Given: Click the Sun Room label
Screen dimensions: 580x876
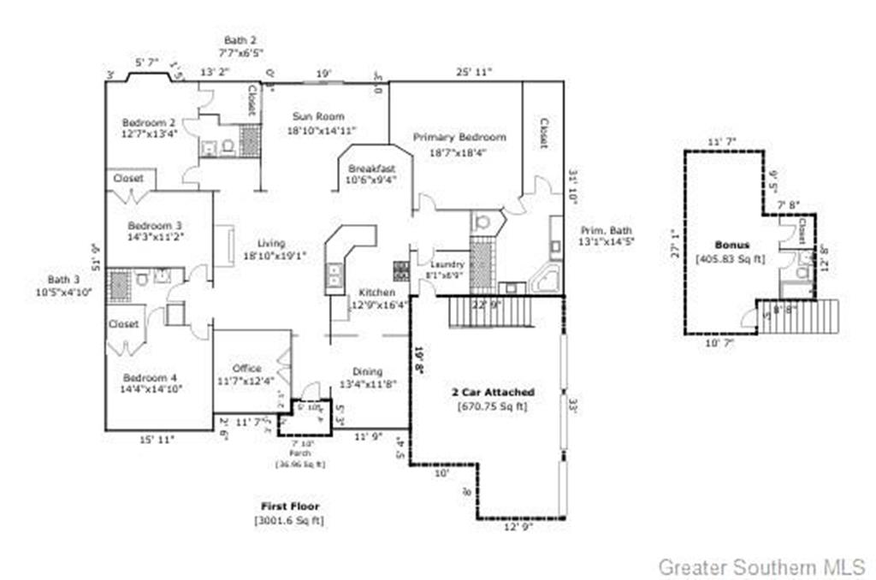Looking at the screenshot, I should click(318, 116).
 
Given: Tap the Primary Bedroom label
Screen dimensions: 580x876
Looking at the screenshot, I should click(459, 137).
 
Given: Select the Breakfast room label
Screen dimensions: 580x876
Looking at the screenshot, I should click(370, 169).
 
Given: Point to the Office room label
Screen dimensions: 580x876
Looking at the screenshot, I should click(247, 369).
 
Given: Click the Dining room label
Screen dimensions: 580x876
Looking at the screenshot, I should click(368, 372).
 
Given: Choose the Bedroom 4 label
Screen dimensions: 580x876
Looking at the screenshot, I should click(149, 377).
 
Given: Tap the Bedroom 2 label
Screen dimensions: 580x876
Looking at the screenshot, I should click(149, 121).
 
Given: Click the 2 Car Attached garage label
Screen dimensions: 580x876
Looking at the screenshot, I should click(493, 392).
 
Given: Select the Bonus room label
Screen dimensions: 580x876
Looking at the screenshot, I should click(733, 245).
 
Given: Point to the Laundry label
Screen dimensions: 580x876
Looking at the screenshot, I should click(447, 265).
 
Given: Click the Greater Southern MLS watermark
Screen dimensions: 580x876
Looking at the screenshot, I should click(761, 566).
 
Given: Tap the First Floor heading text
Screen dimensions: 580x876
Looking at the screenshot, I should click(290, 506).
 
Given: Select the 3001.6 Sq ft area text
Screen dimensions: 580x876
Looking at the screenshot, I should click(289, 520).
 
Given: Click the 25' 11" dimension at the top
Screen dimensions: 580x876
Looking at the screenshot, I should click(473, 73).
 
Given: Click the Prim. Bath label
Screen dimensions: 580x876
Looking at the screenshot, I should click(607, 230).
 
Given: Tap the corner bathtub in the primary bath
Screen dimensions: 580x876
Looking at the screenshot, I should click(544, 280).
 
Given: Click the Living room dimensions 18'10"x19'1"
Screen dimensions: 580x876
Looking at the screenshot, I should click(275, 255).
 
